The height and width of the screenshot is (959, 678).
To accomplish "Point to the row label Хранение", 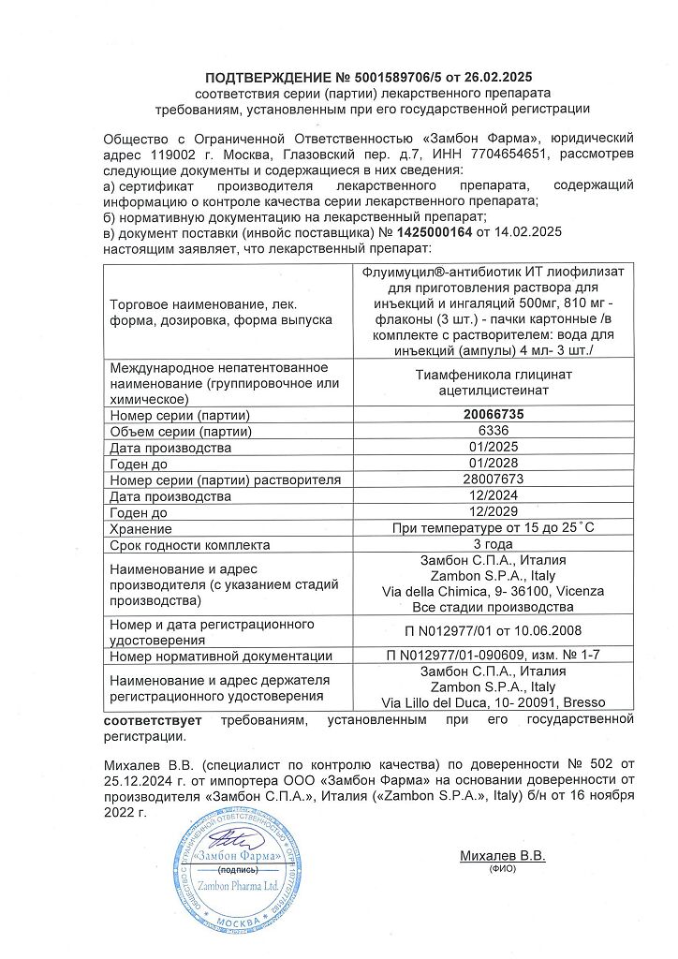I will pos(138,528).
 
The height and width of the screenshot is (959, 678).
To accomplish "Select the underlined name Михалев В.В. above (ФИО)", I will pos(502,856).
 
